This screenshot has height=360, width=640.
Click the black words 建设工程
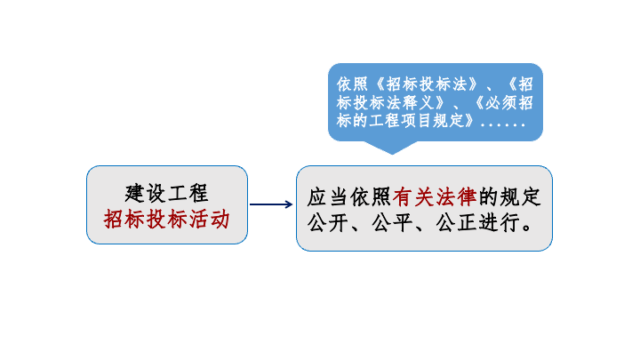tap(166, 193)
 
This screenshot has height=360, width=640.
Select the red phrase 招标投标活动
tap(166, 220)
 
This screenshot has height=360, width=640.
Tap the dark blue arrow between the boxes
tap(271, 204)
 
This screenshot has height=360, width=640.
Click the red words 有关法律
tap(435, 197)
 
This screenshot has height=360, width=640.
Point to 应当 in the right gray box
tap(327, 197)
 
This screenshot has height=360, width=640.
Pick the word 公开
tap(327, 223)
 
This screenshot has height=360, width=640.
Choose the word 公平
tap(392, 223)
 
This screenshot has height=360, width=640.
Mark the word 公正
tap(456, 223)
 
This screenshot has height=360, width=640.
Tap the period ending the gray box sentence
tap(527, 228)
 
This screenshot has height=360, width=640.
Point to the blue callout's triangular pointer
tap(392, 148)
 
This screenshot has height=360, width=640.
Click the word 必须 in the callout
tap(500, 102)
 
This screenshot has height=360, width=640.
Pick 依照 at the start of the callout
tap(352, 84)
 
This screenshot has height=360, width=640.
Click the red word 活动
tap(209, 220)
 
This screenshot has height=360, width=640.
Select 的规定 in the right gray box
tap(510, 197)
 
